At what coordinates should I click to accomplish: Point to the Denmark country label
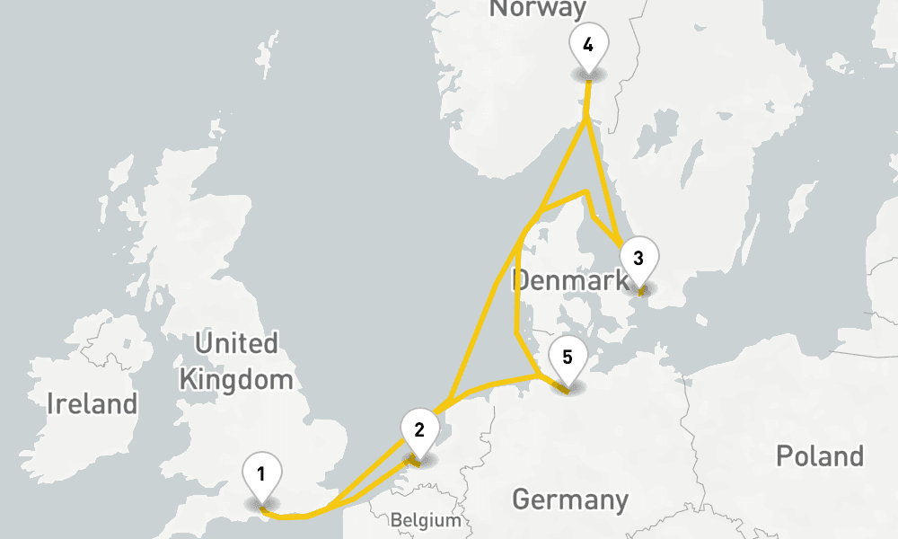(x=570, y=280)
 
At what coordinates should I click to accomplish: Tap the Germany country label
(x=569, y=499)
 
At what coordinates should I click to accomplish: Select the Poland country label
(x=820, y=455)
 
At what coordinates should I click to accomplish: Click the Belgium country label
(x=426, y=520)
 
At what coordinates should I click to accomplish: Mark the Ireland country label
(x=92, y=403)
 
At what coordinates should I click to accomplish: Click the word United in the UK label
(x=236, y=343)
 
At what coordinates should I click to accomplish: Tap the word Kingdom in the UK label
(x=236, y=379)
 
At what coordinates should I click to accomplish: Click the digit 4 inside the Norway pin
(x=587, y=45)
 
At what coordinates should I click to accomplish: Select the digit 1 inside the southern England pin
(x=260, y=473)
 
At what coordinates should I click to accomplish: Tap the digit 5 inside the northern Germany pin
(x=567, y=357)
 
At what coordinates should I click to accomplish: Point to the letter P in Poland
(x=784, y=455)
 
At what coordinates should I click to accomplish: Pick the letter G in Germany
(x=521, y=499)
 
